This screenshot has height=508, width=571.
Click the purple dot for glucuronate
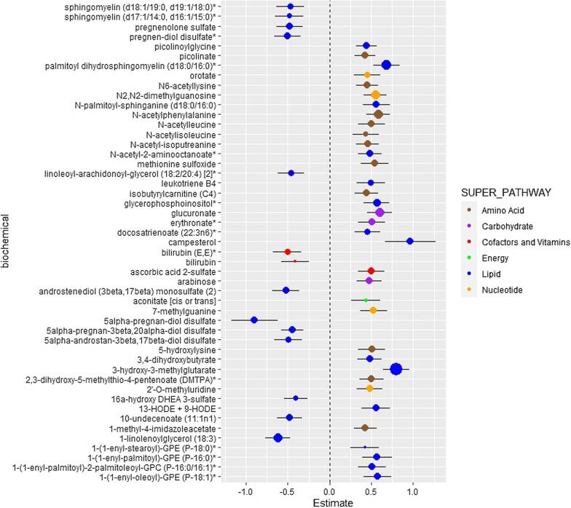379,212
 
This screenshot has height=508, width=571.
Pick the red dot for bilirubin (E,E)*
288,251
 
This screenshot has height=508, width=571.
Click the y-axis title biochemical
7,240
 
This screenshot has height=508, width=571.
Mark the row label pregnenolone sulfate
175,26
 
